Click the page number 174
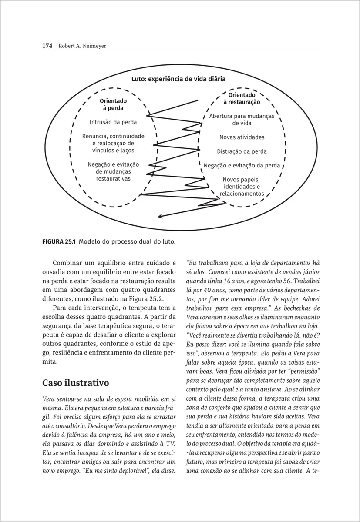pyautogui.click(x=47, y=45)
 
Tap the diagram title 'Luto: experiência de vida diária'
pyautogui.click(x=178, y=79)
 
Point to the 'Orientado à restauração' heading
pyautogui.click(x=242, y=98)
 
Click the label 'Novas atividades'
pyautogui.click(x=242, y=137)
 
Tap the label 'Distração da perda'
pyautogui.click(x=242, y=151)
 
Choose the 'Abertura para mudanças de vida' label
pyautogui.click(x=242, y=120)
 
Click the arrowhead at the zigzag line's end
pyautogui.click(x=160, y=216)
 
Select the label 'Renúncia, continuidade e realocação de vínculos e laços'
pyautogui.click(x=113, y=143)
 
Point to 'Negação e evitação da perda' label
pyautogui.click(x=242, y=165)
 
